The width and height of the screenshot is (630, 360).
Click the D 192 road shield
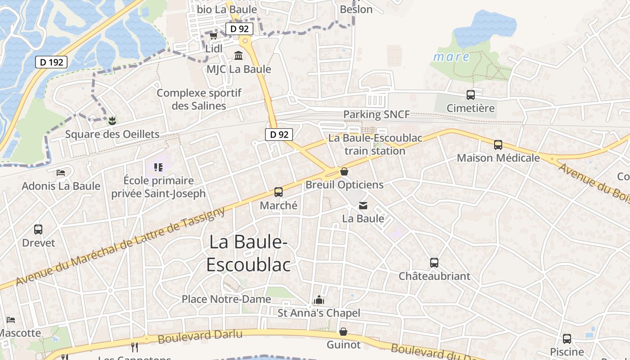click(51, 62)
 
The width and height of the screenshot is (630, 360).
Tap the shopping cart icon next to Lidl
click(213, 36)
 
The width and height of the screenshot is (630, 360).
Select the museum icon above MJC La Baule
click(238, 56)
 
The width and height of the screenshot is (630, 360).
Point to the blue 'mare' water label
click(451, 57)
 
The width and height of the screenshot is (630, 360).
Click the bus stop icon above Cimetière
click(471, 95)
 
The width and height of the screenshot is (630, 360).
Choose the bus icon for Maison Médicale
click(498, 145)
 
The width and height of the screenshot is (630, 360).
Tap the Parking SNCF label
click(376, 114)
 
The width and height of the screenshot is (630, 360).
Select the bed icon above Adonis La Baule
click(61, 173)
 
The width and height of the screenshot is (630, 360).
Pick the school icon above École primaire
click(158, 167)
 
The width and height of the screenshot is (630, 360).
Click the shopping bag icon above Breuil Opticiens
click(344, 171)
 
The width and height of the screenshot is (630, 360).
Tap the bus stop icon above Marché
click(279, 192)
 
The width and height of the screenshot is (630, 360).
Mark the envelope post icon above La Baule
click(363, 206)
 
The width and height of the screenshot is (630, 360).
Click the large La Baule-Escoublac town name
click(248, 253)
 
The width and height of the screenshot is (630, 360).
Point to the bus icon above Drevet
click(38, 229)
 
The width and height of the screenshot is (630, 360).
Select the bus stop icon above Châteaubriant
click(434, 263)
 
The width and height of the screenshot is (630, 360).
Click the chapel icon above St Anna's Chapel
click(319, 300)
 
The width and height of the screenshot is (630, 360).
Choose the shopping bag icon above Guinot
click(343, 332)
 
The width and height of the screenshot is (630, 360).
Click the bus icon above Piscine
click(567, 339)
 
